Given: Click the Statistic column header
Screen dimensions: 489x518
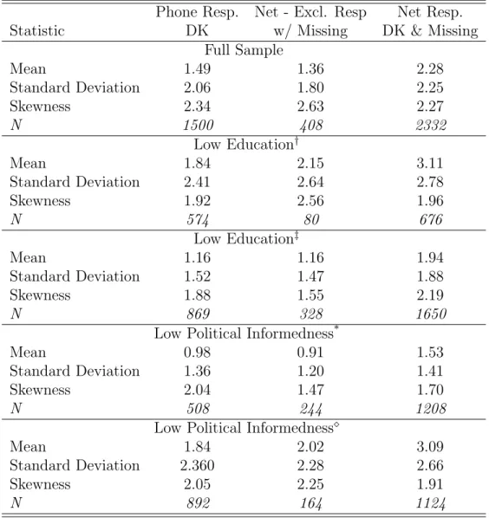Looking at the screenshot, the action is [x=37, y=30].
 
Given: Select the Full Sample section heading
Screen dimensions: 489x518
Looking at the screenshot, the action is [x=244, y=50].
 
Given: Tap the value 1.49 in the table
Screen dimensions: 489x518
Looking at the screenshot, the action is [x=198, y=68].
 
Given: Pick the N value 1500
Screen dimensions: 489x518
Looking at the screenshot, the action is [x=199, y=126].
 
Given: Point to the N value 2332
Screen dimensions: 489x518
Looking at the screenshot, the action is [x=431, y=126].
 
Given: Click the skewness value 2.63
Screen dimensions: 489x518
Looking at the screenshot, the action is [x=310, y=107].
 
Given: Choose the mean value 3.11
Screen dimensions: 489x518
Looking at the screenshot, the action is [x=430, y=163].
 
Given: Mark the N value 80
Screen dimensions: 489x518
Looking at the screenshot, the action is [x=311, y=220].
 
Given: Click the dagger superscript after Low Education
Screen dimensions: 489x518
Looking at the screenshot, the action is [x=297, y=141].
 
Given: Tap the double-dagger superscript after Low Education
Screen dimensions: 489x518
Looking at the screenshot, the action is [x=297, y=236].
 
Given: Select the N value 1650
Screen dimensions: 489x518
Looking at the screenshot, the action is [x=431, y=314].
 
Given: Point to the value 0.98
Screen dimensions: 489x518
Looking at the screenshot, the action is [x=198, y=353].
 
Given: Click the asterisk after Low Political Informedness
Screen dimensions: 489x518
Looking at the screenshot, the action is [x=336, y=328].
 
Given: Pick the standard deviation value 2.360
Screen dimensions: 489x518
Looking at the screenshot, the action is [x=198, y=465].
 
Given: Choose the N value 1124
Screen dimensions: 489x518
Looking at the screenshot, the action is [x=431, y=503].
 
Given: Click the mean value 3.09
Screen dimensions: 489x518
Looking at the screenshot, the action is [x=430, y=447].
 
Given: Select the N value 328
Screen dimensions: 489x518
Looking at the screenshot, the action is [x=311, y=314].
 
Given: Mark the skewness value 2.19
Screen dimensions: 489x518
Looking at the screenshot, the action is [x=430, y=295].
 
